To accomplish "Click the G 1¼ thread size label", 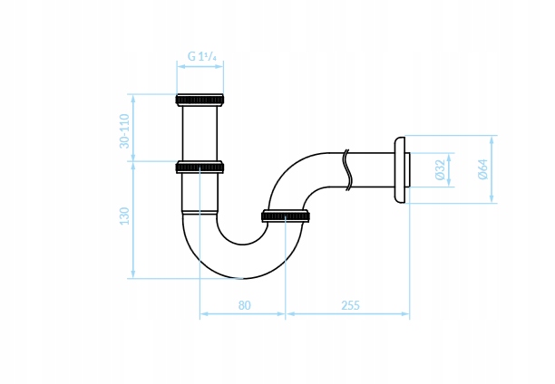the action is pyautogui.click(x=201, y=56).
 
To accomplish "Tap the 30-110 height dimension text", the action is pyautogui.click(x=124, y=130).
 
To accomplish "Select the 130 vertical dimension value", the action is pyautogui.click(x=124, y=216).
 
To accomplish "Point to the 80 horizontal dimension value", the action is pyautogui.click(x=244, y=305).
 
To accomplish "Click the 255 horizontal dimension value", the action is pyautogui.click(x=350, y=305).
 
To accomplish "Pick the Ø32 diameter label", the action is pyautogui.click(x=440, y=169).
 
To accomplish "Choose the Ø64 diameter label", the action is pyautogui.click(x=482, y=169).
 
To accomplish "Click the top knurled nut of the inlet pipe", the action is pyautogui.click(x=200, y=100).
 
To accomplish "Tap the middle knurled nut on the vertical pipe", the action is pyautogui.click(x=200, y=167).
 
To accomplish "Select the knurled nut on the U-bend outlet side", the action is pyautogui.click(x=286, y=216).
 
